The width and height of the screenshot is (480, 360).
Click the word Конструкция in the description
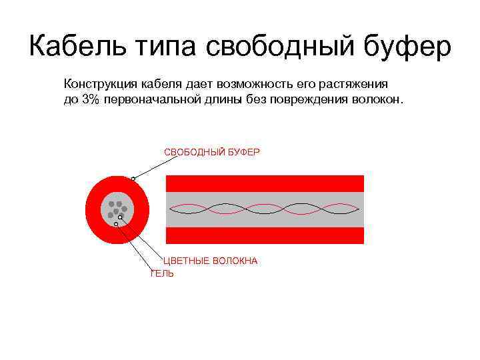[x=97, y=85]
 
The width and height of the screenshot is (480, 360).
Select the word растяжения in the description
[x=357, y=85]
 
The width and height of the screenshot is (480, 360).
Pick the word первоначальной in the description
[x=152, y=99]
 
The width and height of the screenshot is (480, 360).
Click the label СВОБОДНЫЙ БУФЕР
[x=212, y=152]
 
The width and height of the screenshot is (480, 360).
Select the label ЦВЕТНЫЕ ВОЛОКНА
[x=211, y=261]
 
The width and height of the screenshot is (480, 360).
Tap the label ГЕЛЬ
[x=162, y=273]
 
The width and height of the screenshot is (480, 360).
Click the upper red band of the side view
[x=265, y=183]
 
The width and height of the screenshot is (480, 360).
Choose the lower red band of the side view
[x=265, y=235]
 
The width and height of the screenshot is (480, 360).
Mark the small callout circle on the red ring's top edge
[x=133, y=179]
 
